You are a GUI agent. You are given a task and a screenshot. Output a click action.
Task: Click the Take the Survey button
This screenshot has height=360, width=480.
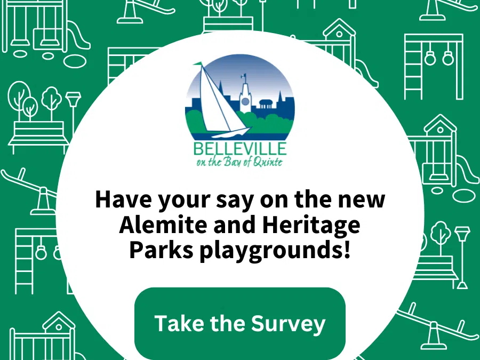[x=240, y=323]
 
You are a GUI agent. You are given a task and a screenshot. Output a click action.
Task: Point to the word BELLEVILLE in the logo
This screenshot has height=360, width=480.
[x=240, y=149]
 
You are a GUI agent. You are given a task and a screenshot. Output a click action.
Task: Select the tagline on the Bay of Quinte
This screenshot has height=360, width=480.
[x=240, y=162]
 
